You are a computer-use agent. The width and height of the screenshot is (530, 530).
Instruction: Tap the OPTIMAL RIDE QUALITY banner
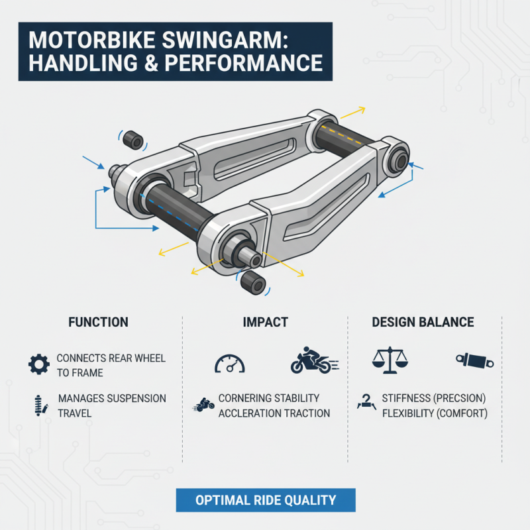pos(266,500)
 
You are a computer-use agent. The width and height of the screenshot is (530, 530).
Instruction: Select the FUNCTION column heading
pos(98,323)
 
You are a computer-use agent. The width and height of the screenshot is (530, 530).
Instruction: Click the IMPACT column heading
pos(266,323)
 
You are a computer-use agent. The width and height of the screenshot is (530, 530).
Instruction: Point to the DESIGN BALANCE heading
pos(423,323)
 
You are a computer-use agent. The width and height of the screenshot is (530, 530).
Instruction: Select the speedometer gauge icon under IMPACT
pos(230,362)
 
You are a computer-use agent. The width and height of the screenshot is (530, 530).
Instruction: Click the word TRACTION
pos(305,413)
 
